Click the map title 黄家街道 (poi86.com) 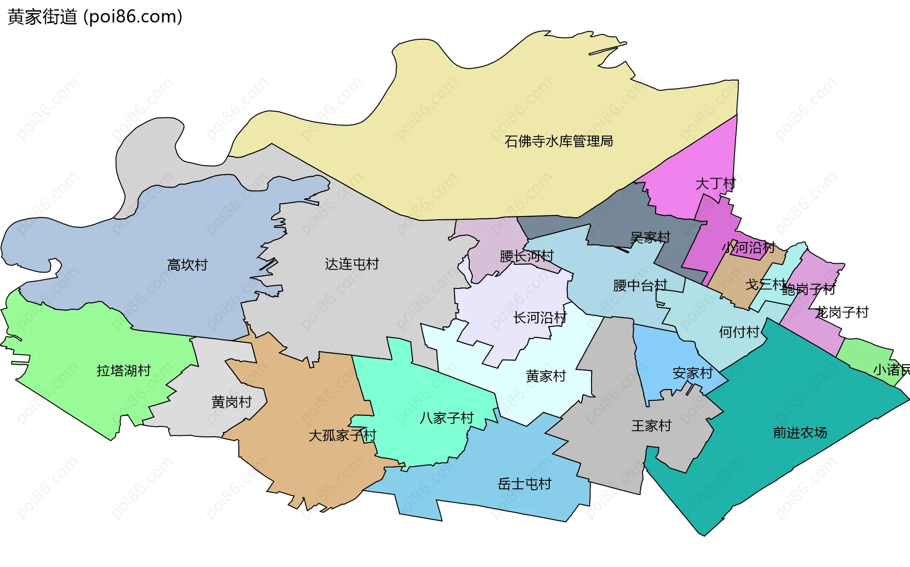click(x=95, y=17)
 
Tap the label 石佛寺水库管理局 click(x=558, y=141)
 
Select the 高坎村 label click(x=187, y=265)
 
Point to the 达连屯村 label click(x=352, y=264)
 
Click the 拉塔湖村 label click(x=123, y=370)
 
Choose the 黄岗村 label click(x=231, y=402)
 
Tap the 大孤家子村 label click(x=342, y=435)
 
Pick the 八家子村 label click(x=446, y=418)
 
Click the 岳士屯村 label click(x=524, y=484)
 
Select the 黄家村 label click(x=546, y=376)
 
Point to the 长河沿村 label click(x=540, y=317)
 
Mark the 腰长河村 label click(x=526, y=256)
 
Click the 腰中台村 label click(x=640, y=285)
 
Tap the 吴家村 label click(x=650, y=237)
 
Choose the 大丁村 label click(x=715, y=183)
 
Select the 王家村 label click(x=651, y=426)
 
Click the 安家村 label click(x=692, y=373)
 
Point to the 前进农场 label click(x=800, y=432)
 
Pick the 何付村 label click(x=739, y=332)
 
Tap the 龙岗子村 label click(x=841, y=312)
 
